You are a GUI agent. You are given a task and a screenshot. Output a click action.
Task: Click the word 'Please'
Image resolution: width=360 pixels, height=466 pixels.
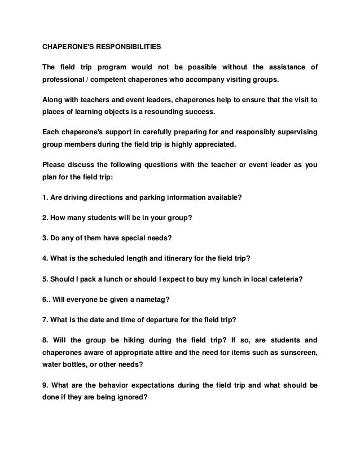pos(54,165)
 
